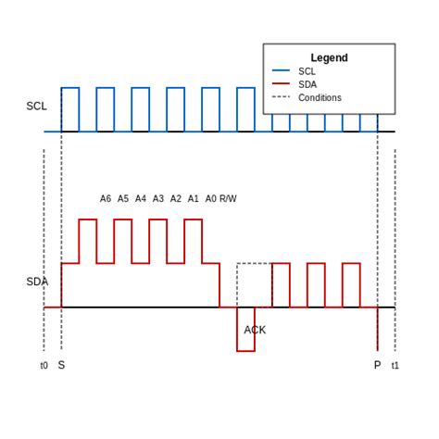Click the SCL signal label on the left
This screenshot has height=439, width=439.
(x=36, y=107)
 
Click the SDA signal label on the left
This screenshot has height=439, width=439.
(x=36, y=282)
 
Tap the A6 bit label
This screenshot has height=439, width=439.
(x=106, y=198)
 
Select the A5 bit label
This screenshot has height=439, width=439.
(x=123, y=198)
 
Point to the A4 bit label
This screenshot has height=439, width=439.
(x=141, y=198)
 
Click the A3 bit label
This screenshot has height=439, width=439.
(x=158, y=198)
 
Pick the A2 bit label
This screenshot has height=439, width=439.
(x=176, y=198)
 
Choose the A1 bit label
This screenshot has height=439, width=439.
(x=194, y=198)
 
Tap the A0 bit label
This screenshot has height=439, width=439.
(x=210, y=198)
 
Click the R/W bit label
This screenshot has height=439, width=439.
(x=228, y=198)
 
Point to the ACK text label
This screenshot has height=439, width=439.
(x=255, y=330)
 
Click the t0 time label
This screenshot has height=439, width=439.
(x=44, y=366)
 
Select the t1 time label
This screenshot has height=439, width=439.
(x=395, y=366)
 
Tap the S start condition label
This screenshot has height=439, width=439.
(x=61, y=366)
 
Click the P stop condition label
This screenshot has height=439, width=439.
(x=377, y=366)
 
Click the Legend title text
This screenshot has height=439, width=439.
(x=329, y=57)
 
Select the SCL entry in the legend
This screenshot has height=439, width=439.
(x=307, y=70)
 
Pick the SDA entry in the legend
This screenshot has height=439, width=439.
(x=307, y=84)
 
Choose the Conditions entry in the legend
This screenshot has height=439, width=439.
(x=320, y=97)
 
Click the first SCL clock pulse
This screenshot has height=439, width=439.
(x=70, y=109)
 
